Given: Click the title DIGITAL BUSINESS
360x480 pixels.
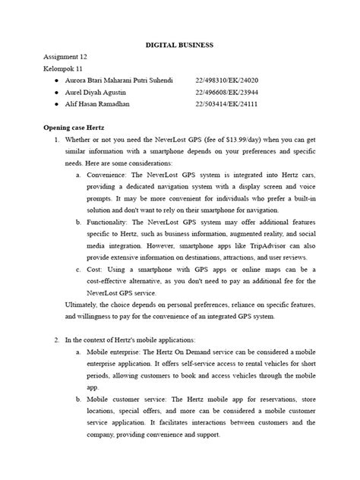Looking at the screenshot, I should (179, 46).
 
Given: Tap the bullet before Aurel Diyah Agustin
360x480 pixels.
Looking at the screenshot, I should (49, 92).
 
